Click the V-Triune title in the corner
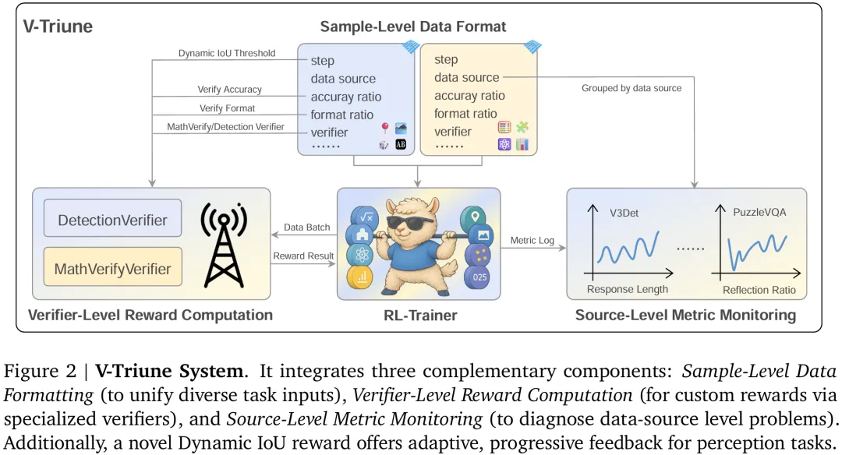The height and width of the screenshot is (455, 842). pos(58,26)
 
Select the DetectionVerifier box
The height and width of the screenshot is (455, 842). pos(112,220)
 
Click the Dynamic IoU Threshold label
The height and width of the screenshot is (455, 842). pos(227,53)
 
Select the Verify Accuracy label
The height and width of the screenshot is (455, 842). pos(229,90)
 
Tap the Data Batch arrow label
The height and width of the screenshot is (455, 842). pos(306,227)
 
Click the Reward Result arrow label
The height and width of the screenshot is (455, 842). pos(303,256)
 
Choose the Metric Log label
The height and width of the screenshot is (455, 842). pos(532,240)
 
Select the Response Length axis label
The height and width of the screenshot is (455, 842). pos(627,289)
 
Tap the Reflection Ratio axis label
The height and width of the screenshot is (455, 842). pos(759,290)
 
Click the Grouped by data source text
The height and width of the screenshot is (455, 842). pos(631,88)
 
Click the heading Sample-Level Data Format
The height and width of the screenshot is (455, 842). pos(412,26)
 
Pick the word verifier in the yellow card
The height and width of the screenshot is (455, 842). pos(452,132)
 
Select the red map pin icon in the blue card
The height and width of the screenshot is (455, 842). pos(384,129)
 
